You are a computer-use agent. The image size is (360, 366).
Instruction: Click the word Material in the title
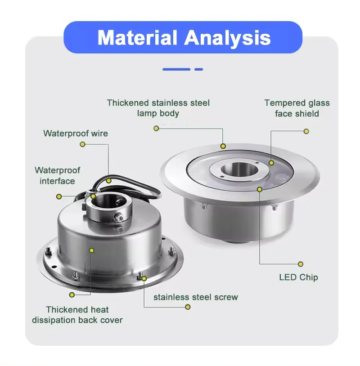[137, 37]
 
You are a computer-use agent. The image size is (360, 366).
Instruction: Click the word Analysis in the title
[228, 38]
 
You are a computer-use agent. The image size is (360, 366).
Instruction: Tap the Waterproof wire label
[76, 134]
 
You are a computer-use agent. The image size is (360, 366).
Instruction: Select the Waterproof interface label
[57, 175]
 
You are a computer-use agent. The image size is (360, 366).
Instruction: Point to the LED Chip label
[298, 277]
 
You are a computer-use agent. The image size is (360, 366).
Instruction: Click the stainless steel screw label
[196, 297]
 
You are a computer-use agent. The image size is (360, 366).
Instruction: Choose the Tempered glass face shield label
[297, 108]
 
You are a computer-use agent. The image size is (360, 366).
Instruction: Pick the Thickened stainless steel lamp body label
[158, 108]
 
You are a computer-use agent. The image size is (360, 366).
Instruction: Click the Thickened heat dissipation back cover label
[77, 315]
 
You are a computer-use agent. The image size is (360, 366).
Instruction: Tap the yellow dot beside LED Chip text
[301, 264]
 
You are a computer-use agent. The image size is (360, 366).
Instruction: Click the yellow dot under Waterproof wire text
[82, 144]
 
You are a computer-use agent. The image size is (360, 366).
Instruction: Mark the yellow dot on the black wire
[108, 181]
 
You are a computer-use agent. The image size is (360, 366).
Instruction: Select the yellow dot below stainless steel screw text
[188, 307]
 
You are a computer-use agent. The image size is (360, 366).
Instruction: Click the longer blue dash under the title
[176, 69]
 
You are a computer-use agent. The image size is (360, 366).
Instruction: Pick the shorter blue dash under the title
[198, 69]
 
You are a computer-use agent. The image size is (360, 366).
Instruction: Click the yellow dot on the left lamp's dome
[92, 250]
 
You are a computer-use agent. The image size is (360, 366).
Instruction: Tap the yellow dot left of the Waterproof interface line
[59, 196]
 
